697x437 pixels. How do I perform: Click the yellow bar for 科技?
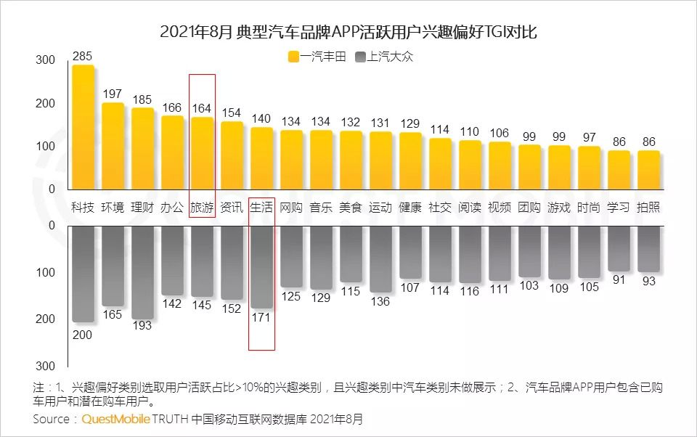click(83, 127)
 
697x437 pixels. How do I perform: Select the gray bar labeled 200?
click(83, 273)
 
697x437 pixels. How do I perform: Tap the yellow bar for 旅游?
click(202, 153)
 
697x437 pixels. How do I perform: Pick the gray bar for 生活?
click(261, 266)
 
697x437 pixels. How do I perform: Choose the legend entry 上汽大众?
click(383, 57)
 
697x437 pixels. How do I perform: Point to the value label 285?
click(83, 56)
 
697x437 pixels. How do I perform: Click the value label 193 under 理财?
click(142, 325)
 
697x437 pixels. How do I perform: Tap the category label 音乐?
click(321, 207)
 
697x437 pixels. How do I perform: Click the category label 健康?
click(410, 207)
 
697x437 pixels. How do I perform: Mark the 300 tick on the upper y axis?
click(45, 60)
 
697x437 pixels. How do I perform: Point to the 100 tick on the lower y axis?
click(45, 272)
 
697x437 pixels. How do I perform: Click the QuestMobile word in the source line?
click(116, 419)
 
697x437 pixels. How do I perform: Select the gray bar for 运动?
click(380, 258)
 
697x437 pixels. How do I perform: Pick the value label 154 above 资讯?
click(232, 113)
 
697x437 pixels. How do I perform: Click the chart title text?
click(348, 32)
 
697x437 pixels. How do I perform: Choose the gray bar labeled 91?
click(619, 248)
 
